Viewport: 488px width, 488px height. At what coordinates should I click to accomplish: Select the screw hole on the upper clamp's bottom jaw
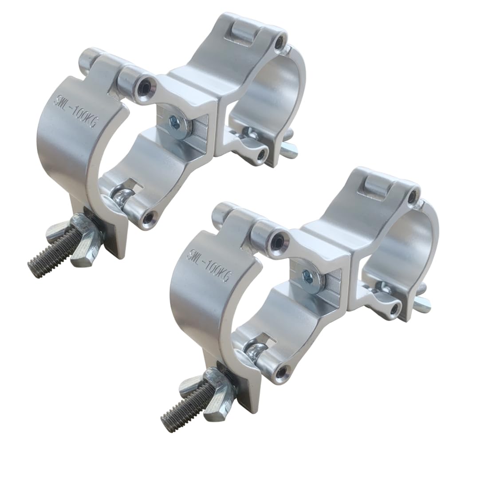click(x=151, y=216)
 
